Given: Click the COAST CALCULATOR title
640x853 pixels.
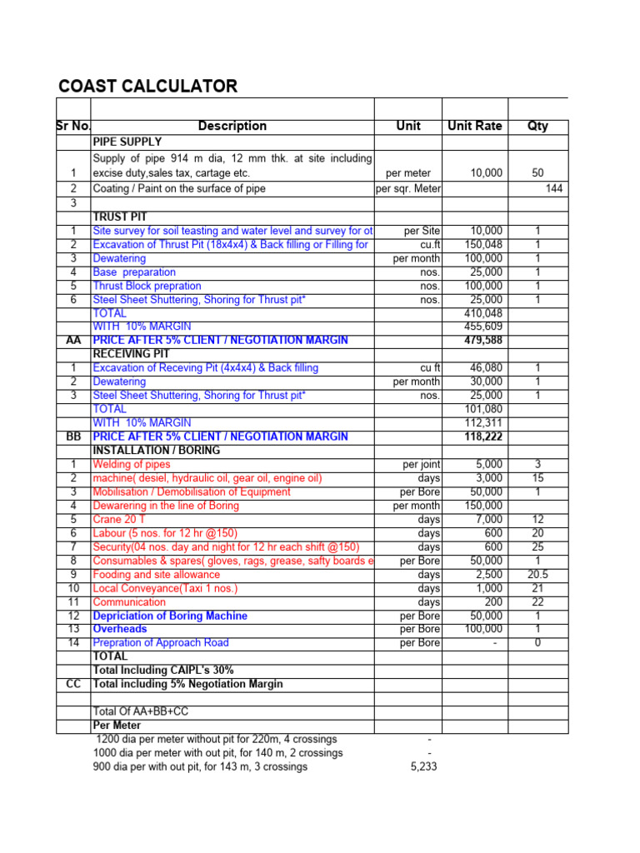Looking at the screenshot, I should point(147,87).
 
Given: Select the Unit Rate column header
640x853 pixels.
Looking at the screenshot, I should point(475,126).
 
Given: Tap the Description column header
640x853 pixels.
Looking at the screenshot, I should point(232,126).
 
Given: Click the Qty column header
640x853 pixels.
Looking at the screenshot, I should point(537,126).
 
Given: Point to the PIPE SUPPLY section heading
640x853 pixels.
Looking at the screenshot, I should point(127,142).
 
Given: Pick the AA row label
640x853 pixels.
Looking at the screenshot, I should point(72,341).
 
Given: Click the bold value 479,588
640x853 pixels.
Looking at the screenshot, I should point(483,341).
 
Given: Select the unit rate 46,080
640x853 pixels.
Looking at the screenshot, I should point(486,368).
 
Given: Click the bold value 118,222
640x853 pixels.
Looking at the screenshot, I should point(483,436).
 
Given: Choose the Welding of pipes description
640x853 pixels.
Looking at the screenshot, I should point(132,464).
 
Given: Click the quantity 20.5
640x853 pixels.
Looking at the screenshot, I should point(537,575).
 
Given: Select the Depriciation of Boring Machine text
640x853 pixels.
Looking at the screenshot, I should point(170,616).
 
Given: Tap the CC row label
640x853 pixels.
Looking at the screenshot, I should point(72,684).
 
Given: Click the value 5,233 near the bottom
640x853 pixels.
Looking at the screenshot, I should point(424,766).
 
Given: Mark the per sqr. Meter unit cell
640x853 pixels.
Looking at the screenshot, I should point(408,189).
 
